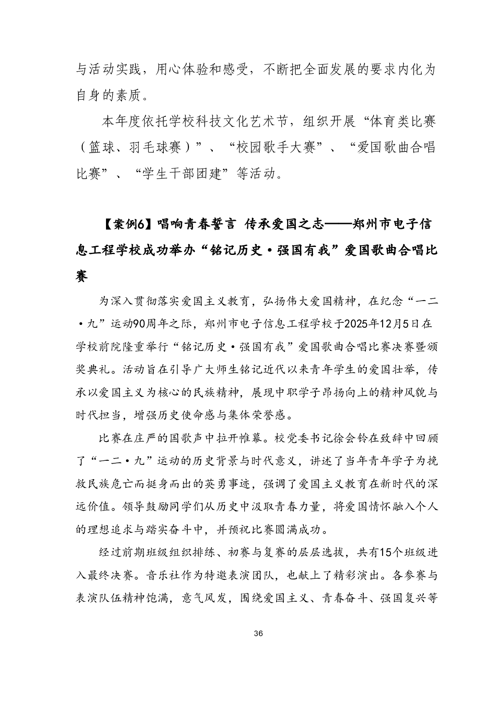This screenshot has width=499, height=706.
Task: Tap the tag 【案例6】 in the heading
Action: pyautogui.click(x=127, y=225)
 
